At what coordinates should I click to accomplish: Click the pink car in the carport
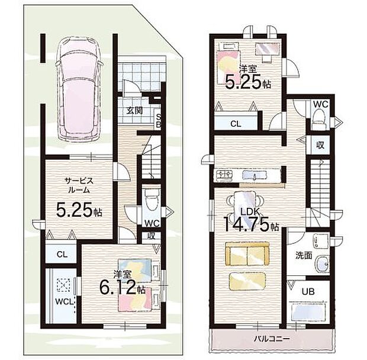(x=79, y=90)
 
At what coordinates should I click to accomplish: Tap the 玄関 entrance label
(x=135, y=110)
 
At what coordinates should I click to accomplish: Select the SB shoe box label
(x=159, y=121)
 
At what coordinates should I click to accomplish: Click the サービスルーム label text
(x=79, y=185)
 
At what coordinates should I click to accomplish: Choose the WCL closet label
(x=65, y=302)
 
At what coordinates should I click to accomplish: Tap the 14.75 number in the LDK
(x=246, y=224)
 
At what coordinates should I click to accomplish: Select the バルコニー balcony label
(x=272, y=339)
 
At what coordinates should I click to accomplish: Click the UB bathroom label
(x=308, y=292)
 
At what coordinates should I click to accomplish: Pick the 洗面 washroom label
(x=304, y=256)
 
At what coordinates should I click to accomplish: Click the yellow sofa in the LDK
(x=247, y=254)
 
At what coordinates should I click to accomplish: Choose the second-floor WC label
(x=321, y=105)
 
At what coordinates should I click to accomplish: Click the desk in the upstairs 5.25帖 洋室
(x=268, y=50)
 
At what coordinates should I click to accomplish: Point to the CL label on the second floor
(x=236, y=124)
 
